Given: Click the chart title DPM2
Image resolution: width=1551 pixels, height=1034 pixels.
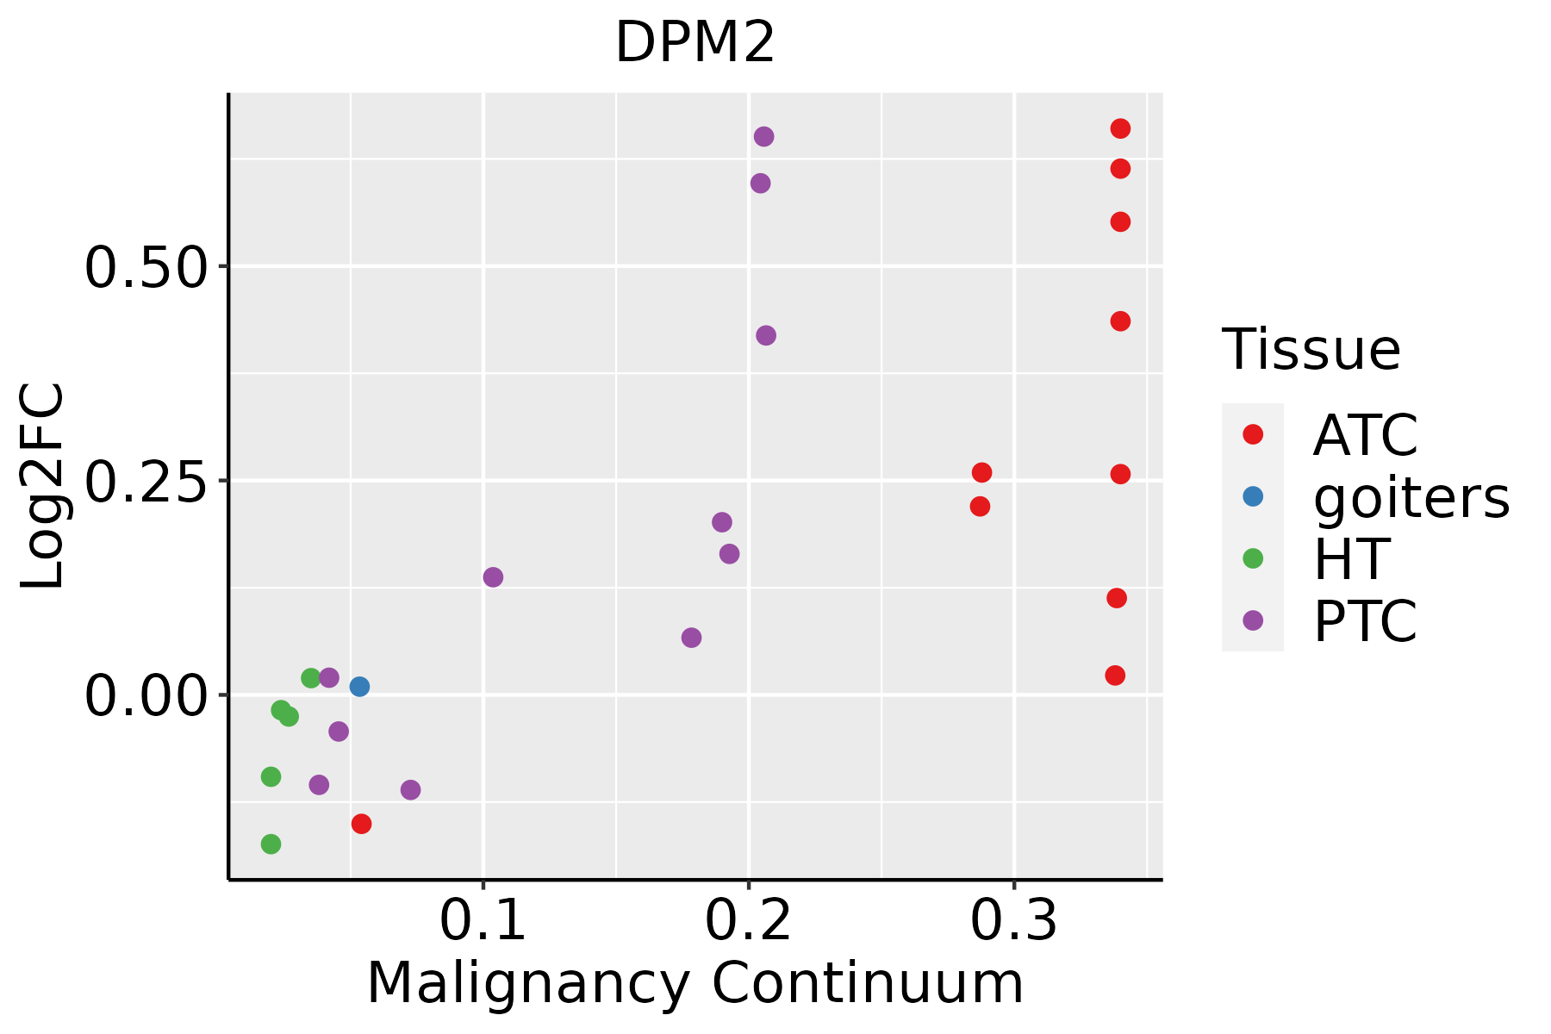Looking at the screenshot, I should [695, 43].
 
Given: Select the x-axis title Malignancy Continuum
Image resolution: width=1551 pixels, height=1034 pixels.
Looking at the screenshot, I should [695, 984].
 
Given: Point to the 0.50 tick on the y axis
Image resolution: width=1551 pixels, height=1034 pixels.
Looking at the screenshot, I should [146, 267].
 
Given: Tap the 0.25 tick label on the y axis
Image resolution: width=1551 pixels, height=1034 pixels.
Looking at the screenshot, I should [146, 481].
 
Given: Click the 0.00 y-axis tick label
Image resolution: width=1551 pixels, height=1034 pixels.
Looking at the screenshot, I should [146, 695].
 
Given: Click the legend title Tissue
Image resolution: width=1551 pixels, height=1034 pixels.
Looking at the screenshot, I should [1311, 350].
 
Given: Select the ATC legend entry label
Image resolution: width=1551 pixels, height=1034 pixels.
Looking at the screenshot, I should [1365, 435].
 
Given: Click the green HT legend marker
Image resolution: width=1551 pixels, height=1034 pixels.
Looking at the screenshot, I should [1253, 558].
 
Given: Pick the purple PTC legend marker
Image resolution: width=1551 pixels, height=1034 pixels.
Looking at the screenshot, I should [1253, 620].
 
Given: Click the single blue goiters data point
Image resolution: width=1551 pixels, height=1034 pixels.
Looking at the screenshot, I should [360, 687].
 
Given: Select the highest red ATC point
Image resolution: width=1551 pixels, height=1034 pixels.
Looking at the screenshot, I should [1120, 129].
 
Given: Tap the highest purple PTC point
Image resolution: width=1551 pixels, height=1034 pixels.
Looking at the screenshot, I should [763, 137].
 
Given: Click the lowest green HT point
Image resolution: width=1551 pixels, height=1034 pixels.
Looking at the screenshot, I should [271, 844].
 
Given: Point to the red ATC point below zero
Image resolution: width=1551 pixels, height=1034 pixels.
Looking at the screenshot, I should [362, 824].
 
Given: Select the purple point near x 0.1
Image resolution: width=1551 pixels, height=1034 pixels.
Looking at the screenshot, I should [493, 577].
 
